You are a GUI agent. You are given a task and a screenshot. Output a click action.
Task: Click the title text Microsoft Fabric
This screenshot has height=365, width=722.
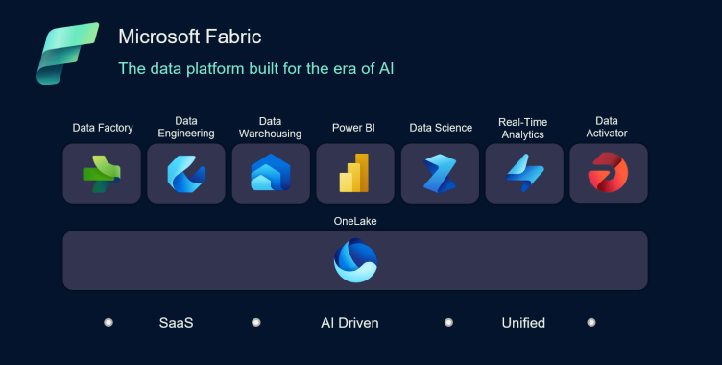point(189,37)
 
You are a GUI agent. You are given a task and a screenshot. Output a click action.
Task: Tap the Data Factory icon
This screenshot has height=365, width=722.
point(102,174)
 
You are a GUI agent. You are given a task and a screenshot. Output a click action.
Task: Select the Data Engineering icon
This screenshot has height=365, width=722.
point(186,174)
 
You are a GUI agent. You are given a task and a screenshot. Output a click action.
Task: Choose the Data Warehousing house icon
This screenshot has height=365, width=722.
point(271,174)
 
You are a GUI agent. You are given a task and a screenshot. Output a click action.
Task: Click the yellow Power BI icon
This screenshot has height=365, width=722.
point(355,174)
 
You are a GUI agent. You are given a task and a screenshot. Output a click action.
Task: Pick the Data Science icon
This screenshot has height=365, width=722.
point(440,174)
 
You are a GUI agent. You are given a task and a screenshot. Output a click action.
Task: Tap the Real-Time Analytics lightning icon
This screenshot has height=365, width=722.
point(524,174)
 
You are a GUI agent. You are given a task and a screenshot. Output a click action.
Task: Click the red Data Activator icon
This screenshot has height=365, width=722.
point(608,173)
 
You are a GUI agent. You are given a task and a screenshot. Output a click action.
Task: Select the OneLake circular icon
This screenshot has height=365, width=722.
point(355,260)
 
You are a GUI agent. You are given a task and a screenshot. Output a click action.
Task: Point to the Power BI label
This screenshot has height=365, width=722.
point(353,128)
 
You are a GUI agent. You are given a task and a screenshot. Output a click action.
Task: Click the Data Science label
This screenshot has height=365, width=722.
point(441,128)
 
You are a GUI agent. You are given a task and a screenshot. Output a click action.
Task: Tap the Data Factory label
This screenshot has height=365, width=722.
point(103,128)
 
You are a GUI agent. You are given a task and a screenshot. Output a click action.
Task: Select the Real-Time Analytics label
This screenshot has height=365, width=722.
point(522,128)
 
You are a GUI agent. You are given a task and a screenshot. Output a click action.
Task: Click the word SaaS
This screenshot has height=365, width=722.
point(176,323)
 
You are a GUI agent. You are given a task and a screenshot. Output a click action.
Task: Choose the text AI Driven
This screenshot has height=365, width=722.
point(349,323)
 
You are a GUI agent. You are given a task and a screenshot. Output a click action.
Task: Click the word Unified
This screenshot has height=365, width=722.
point(523,323)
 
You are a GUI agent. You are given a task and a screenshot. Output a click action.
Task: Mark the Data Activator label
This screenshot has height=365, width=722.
point(607,127)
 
